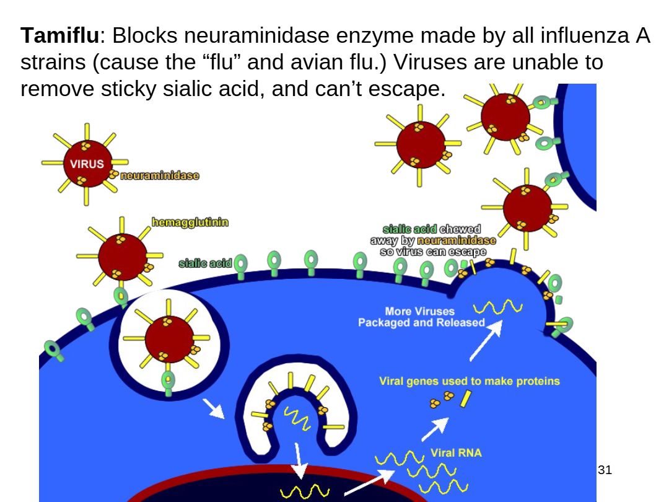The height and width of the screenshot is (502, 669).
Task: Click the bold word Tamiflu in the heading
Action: pyautogui.click(x=59, y=37)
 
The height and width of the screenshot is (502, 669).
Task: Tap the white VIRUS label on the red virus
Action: pyautogui.click(x=86, y=164)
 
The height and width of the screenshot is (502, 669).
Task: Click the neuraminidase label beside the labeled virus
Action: pyautogui.click(x=159, y=175)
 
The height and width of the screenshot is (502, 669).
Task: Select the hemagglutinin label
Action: pyautogui.click(x=190, y=222)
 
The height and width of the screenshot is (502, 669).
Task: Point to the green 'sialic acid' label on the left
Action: pyautogui.click(x=204, y=264)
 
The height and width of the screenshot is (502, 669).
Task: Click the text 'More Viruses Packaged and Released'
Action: pyautogui.click(x=421, y=317)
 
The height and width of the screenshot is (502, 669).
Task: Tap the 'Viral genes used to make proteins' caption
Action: pyautogui.click(x=469, y=381)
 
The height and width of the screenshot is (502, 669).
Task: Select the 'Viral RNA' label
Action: pyautogui.click(x=456, y=453)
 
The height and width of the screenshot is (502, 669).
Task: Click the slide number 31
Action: pyautogui.click(x=605, y=470)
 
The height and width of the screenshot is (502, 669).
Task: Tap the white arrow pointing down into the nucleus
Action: pyautogui.click(x=300, y=462)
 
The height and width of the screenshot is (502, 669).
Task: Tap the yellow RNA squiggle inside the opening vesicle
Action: pyautogui.click(x=296, y=418)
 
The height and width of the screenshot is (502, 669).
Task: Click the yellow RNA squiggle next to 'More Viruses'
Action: pyautogui.click(x=497, y=306)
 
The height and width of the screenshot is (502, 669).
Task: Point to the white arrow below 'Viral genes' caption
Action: pyautogui.click(x=435, y=428)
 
